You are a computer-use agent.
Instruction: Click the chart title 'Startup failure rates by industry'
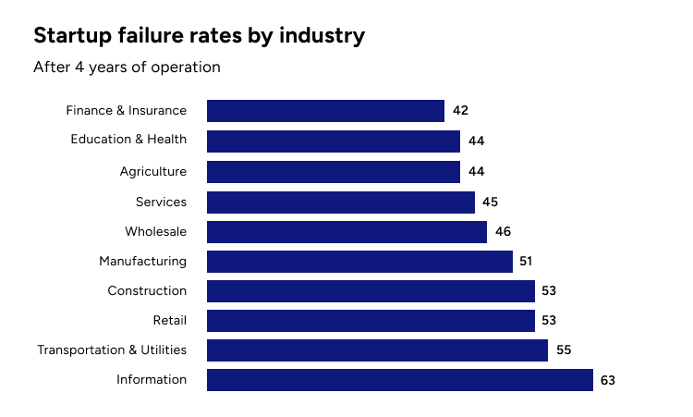pyautogui.click(x=199, y=36)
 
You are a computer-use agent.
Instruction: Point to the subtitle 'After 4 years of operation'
pyautogui.click(x=127, y=67)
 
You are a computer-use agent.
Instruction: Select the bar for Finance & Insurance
pyautogui.click(x=325, y=111)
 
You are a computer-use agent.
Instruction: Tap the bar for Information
pyautogui.click(x=399, y=380)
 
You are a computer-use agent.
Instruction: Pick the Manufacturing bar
pyautogui.click(x=359, y=262)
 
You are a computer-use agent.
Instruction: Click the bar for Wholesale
pyautogui.click(x=346, y=232)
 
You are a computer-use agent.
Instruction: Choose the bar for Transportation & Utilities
pyautogui.click(x=377, y=350)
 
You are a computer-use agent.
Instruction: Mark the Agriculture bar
pyautogui.click(x=333, y=172)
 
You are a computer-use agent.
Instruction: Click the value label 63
pyautogui.click(x=607, y=380)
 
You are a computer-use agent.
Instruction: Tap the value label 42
pyautogui.click(x=460, y=111)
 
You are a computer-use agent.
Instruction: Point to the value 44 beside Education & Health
pyautogui.click(x=476, y=141)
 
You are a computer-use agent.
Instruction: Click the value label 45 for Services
pyautogui.click(x=491, y=202)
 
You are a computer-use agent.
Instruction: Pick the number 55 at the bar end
pyautogui.click(x=564, y=350)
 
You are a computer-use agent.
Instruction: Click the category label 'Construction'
pyautogui.click(x=147, y=291)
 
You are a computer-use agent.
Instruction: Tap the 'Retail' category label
pyautogui.click(x=169, y=321)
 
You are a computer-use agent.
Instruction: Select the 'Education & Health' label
pyautogui.click(x=128, y=140)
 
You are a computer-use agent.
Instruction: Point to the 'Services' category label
pyautogui.click(x=161, y=202)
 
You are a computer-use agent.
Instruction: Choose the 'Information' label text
pyautogui.click(x=152, y=380)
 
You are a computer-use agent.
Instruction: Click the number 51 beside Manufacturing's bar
pyautogui.click(x=526, y=262)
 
